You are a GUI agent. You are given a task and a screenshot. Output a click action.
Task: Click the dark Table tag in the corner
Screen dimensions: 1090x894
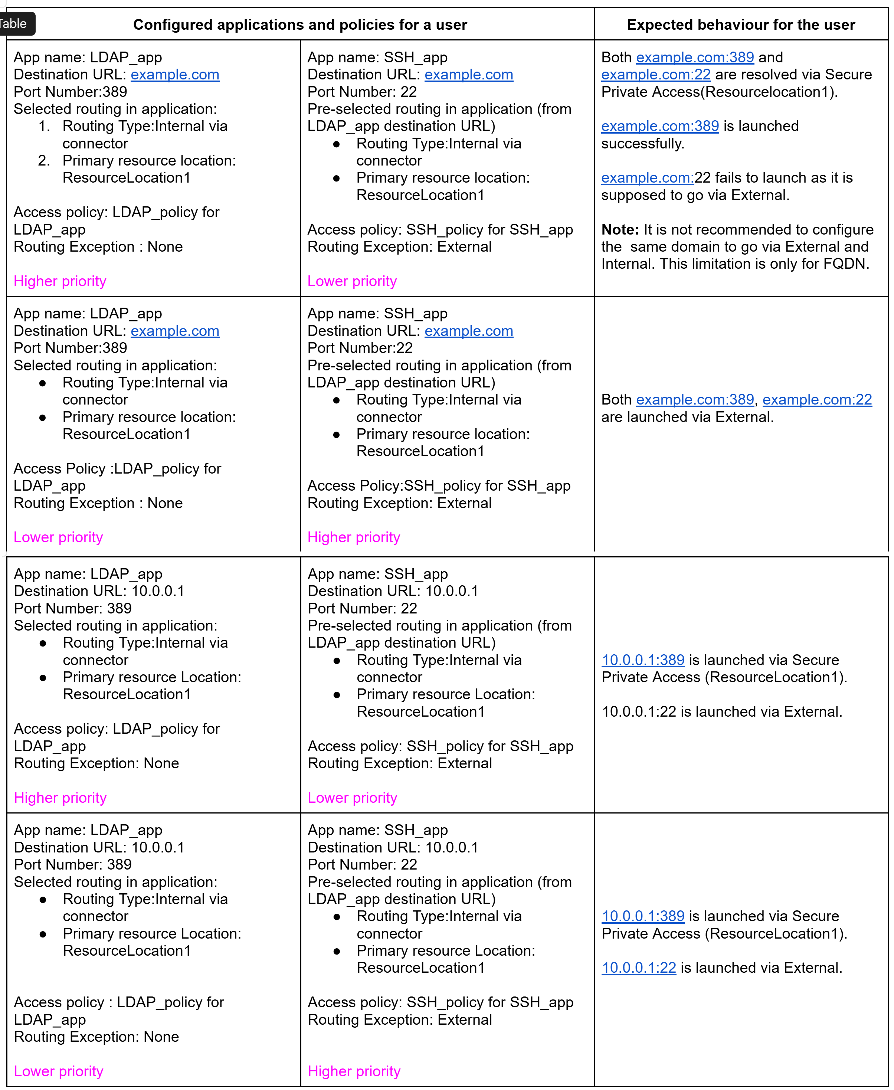coord(14,24)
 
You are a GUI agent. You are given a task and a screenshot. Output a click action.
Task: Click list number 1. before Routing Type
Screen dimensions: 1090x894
coord(44,126)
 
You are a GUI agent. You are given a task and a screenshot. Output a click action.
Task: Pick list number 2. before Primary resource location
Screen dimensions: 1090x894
coord(44,161)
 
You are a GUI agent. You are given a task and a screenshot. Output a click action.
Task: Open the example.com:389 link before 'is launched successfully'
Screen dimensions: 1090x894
coord(660,126)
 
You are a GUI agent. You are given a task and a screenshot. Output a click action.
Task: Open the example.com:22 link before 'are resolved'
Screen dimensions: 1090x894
coord(656,75)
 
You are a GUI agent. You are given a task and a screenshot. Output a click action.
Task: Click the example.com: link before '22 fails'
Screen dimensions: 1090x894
coord(647,178)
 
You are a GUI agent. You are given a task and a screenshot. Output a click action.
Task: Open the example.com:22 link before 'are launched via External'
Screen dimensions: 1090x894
coord(817,400)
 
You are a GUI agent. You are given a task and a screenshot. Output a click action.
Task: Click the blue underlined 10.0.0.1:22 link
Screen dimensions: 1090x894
coord(639,968)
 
